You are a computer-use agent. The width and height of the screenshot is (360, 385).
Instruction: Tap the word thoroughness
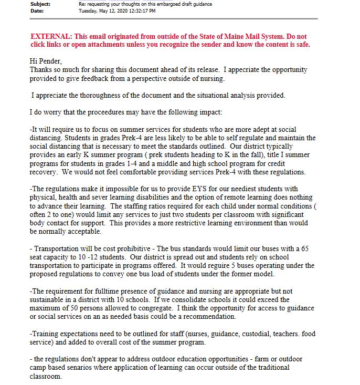(95, 95)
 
